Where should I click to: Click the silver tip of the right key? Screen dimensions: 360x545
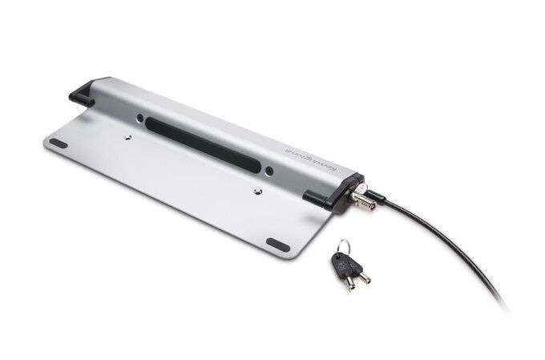tap(365, 279)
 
